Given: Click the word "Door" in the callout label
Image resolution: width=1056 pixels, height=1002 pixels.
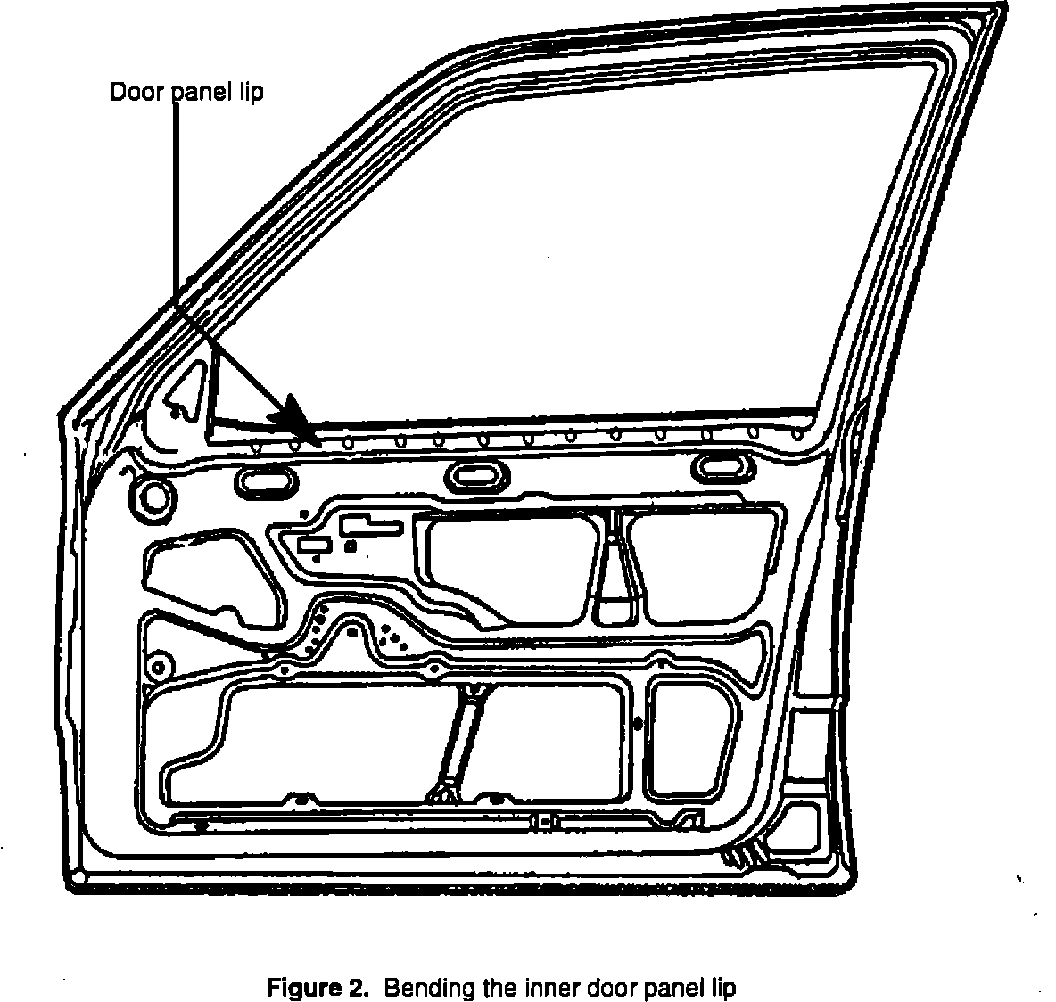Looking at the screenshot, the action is (x=132, y=93).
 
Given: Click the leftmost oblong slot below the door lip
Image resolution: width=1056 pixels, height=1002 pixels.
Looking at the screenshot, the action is (x=265, y=482).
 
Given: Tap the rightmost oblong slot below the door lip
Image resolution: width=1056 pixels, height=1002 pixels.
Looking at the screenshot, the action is (x=723, y=466).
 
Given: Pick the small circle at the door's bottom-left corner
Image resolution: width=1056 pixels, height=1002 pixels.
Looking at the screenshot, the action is (x=78, y=878).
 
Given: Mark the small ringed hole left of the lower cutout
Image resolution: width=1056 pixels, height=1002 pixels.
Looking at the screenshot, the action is (x=161, y=666).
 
